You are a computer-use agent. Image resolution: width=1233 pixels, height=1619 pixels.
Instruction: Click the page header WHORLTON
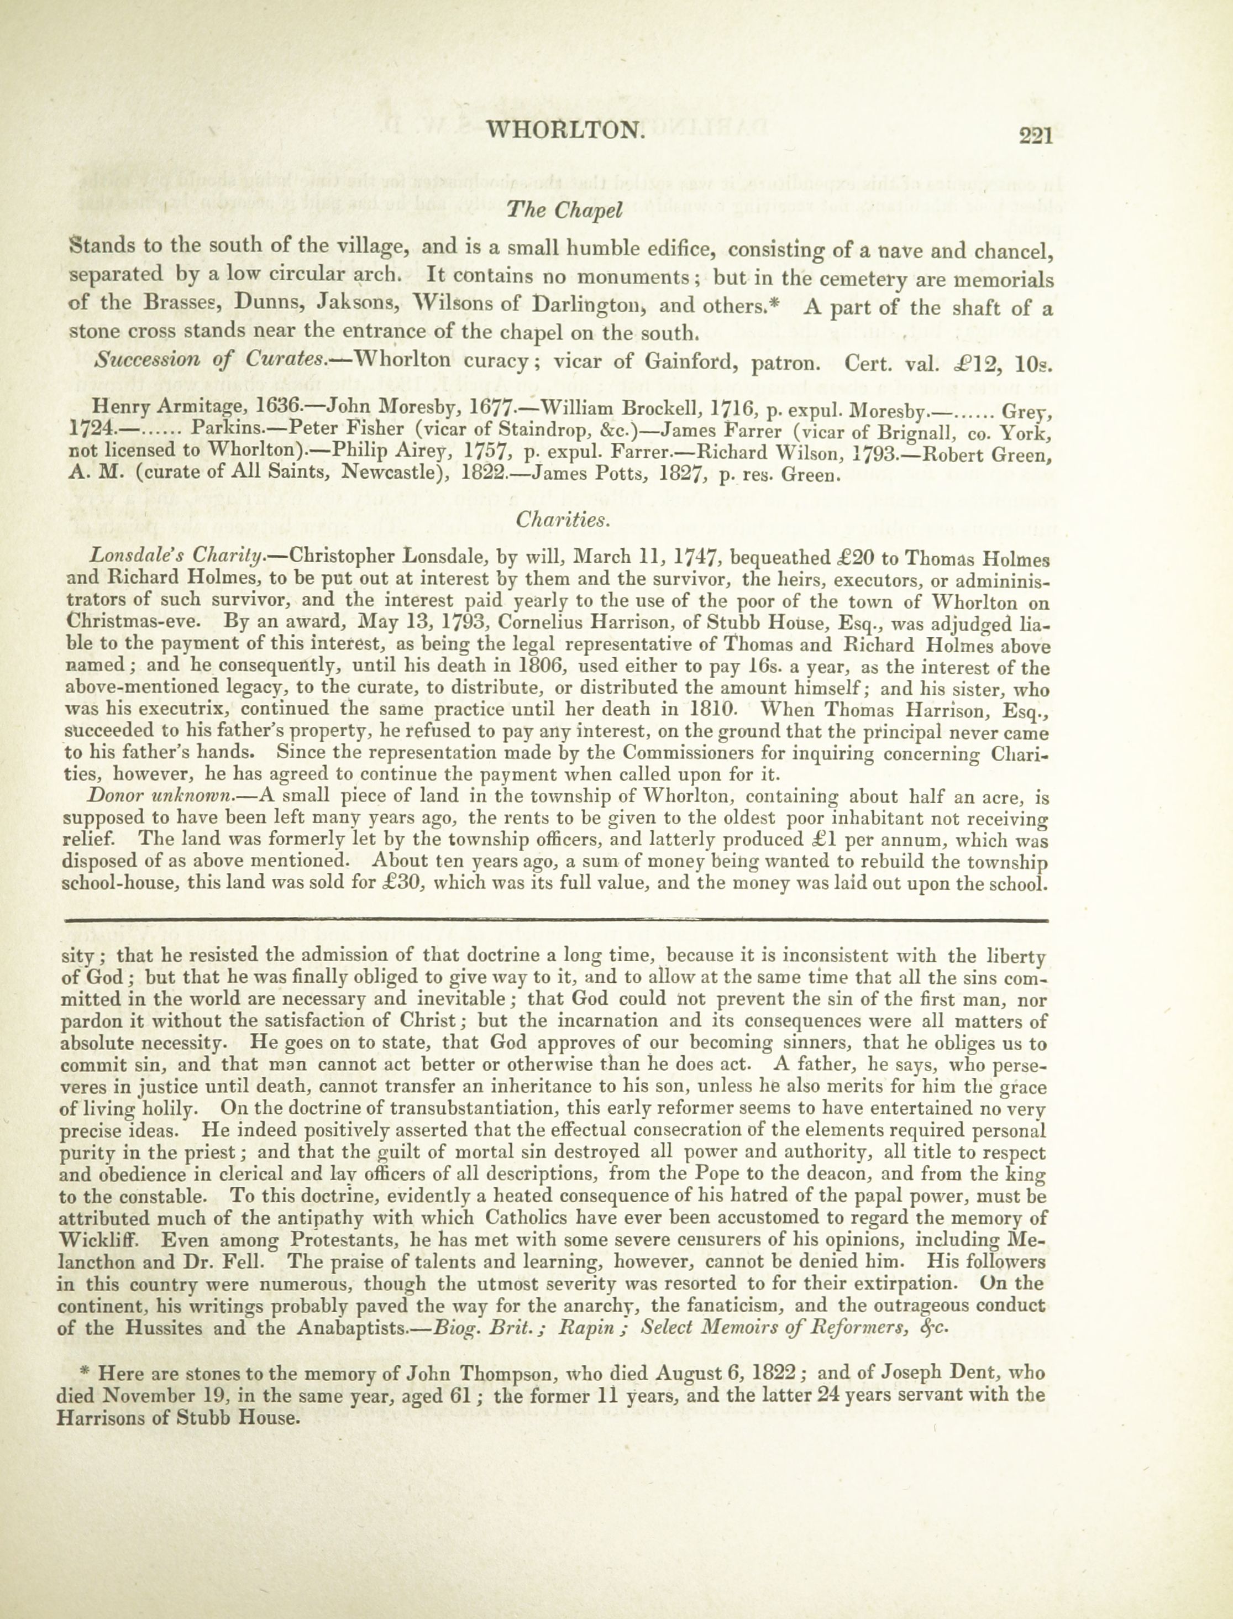(x=565, y=130)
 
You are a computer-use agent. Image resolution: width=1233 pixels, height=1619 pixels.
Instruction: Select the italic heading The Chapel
(x=564, y=211)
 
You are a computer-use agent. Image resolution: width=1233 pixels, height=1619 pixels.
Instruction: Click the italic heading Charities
(x=562, y=520)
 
